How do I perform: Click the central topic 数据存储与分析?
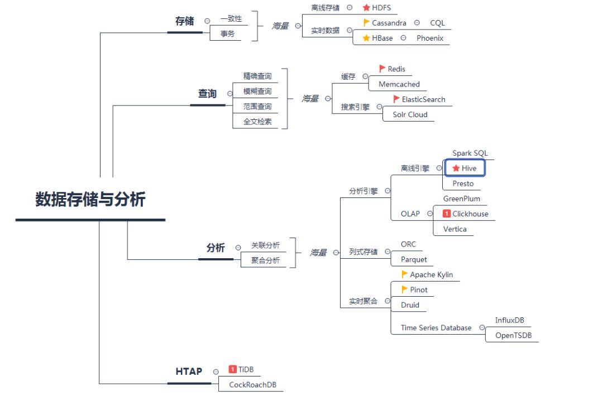coord(90,200)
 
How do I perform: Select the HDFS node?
coord(381,8)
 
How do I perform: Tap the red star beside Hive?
coord(456,168)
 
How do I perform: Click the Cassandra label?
coord(389,23)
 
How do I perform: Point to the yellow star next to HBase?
coord(366,38)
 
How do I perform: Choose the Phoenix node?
coord(430,38)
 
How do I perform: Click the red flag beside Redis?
coord(382,69)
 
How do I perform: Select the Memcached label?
coord(399,84)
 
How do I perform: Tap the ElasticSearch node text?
coord(424,99)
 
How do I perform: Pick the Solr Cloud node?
coord(410,114)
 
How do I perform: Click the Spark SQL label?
coord(470,153)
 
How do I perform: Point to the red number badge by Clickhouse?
coord(447,214)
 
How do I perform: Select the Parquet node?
coord(414,259)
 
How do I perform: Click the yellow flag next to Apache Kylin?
coord(405,274)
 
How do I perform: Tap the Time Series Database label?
coord(436,328)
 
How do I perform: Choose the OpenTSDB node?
coord(514,335)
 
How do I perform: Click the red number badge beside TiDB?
coord(233,369)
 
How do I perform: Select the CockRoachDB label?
coord(253,385)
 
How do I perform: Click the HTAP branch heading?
coord(189,371)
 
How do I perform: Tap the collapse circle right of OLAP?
coord(429,214)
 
